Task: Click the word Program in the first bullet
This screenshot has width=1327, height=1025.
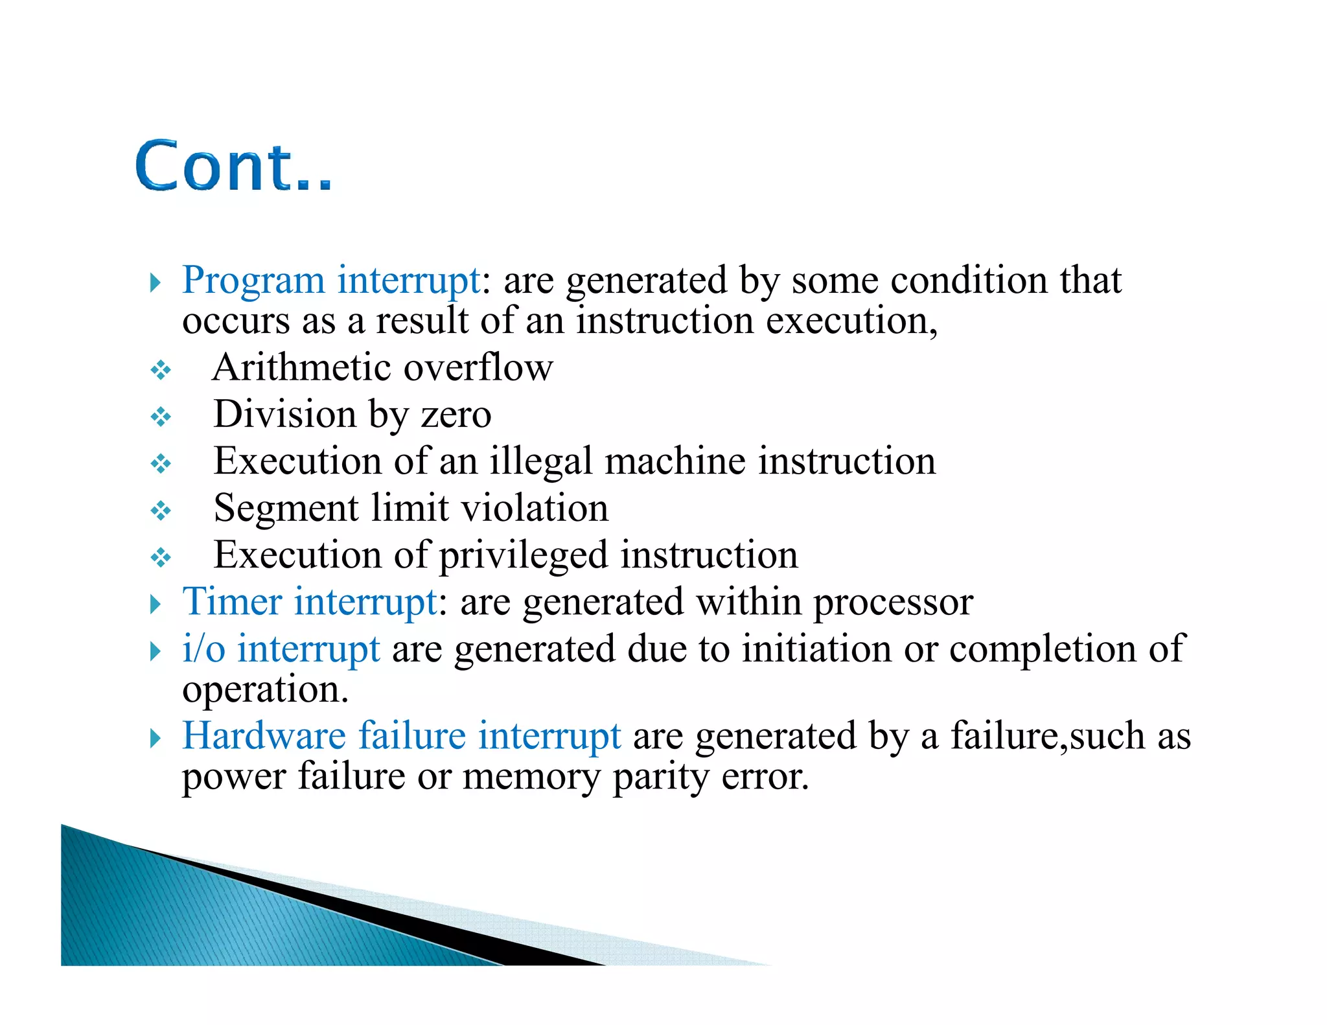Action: click(x=253, y=281)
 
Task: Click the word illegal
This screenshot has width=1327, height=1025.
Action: click(x=540, y=462)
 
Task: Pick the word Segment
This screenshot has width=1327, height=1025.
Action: click(x=286, y=509)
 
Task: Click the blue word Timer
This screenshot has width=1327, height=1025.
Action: click(x=233, y=602)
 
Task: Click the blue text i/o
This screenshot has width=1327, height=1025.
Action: click(x=203, y=649)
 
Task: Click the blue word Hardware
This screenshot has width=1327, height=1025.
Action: click(x=264, y=735)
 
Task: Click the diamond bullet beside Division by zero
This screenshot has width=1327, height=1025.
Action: click(x=160, y=417)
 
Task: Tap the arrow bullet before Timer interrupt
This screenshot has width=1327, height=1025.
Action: click(x=155, y=605)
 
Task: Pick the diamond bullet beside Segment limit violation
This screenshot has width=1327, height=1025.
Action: click(x=160, y=511)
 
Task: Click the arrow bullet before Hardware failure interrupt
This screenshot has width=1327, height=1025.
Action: click(x=155, y=738)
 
